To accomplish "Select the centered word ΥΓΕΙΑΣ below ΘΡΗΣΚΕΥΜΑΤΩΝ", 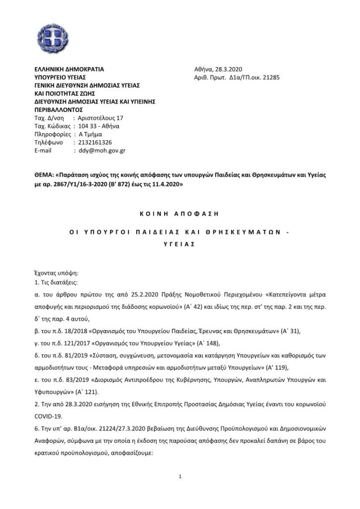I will click(179, 244).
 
